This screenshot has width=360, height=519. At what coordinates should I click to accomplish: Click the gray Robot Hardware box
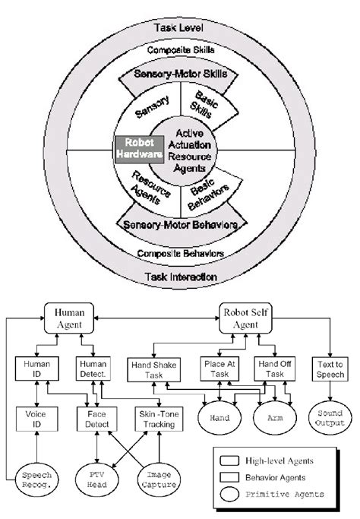coord(140,147)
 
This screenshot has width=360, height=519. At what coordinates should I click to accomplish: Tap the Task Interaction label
coord(180,277)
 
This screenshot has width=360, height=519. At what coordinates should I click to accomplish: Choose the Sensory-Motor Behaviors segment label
coord(181,226)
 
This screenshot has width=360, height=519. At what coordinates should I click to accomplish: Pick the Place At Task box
coord(220,368)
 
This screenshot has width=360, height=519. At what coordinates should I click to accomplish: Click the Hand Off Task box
coord(273,368)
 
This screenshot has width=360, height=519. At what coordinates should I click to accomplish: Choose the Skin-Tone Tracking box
coord(156,417)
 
